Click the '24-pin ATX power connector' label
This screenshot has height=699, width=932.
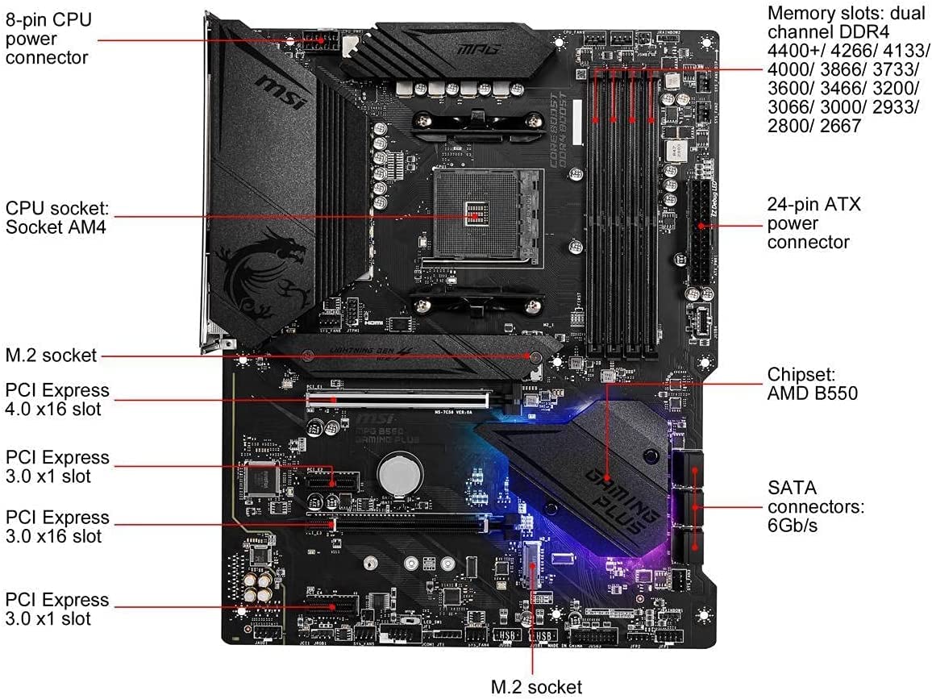[813, 223]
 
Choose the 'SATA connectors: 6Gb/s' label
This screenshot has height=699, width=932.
[815, 507]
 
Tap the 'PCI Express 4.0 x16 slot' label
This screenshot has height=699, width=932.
[56, 400]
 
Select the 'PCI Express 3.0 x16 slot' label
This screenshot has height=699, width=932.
[56, 526]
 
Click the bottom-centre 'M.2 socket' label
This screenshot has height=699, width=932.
[536, 686]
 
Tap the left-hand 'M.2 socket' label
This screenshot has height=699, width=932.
[50, 356]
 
